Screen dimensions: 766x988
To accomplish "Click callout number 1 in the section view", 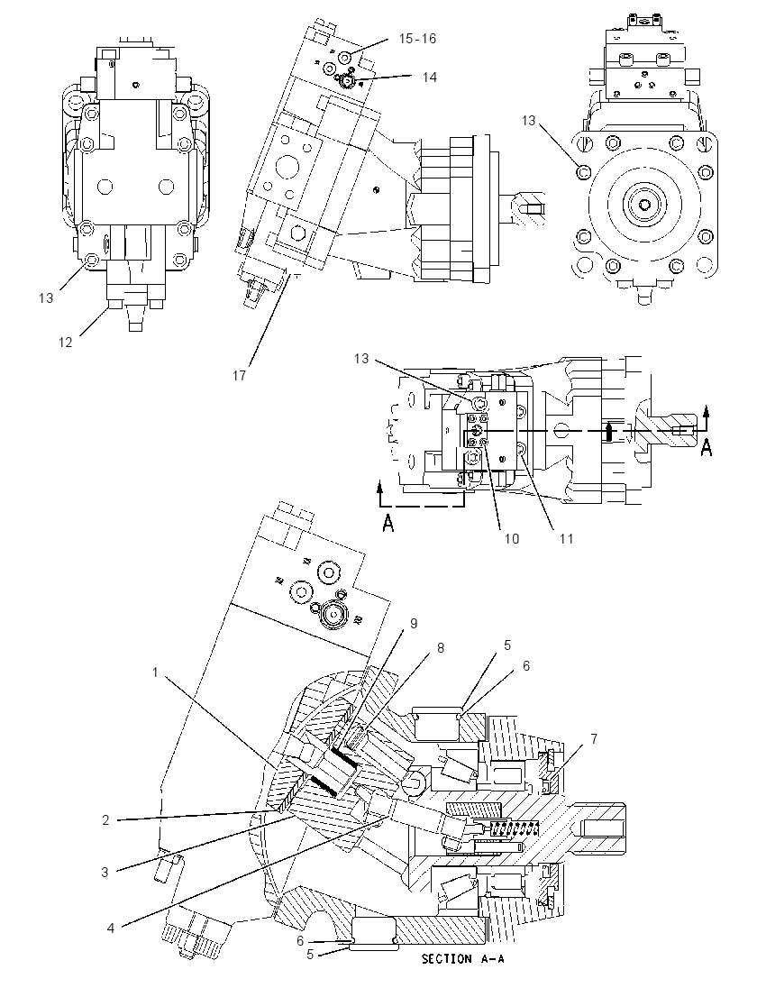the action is [156, 673].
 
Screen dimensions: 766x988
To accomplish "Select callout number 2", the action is [105, 819].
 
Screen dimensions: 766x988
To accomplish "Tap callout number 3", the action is [105, 872].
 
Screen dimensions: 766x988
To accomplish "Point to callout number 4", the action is [111, 929].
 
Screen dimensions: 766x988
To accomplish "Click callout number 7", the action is [593, 738].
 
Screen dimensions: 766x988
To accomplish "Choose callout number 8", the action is [441, 648].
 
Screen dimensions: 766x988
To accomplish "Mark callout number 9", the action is [414, 623].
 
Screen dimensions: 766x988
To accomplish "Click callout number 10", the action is [512, 539].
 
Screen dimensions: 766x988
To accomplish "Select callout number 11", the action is [566, 539].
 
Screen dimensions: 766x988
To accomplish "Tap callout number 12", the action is [66, 343].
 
